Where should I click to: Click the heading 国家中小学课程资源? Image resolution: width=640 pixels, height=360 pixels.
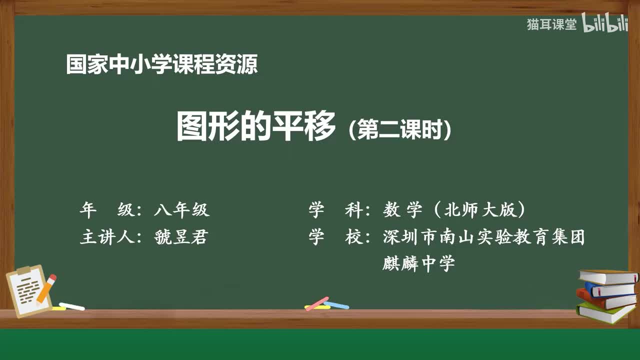(162, 65)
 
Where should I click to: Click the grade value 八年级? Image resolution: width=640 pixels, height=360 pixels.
(181, 210)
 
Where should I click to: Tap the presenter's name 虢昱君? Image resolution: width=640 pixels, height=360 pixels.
(181, 237)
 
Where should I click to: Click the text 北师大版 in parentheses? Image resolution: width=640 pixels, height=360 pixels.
(479, 210)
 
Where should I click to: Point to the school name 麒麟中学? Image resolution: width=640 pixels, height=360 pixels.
(418, 263)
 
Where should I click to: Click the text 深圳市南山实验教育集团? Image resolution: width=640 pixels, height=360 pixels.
(483, 237)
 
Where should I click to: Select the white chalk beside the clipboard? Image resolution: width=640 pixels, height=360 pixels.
(71, 306)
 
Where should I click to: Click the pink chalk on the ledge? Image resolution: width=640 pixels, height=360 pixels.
(317, 303)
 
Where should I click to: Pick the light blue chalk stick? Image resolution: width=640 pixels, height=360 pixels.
(336, 304)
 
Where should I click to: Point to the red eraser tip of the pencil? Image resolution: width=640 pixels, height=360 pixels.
(52, 277)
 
